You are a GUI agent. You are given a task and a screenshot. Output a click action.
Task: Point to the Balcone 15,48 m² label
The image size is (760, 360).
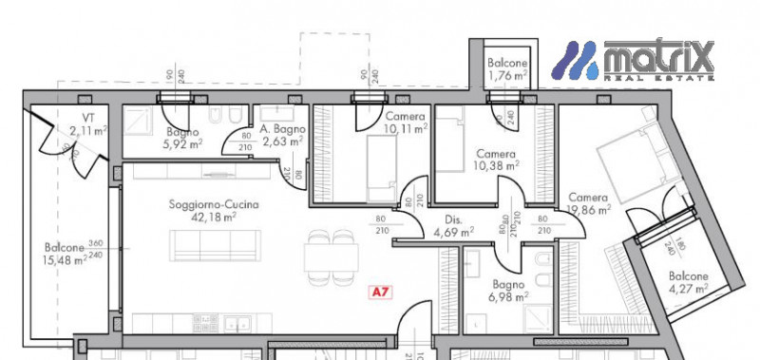pyautogui.click(x=66, y=253)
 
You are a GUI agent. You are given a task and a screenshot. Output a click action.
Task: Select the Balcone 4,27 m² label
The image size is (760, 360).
pyautogui.click(x=687, y=282)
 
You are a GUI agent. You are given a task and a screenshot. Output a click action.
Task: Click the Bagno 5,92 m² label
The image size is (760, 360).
pyautogui.click(x=181, y=139)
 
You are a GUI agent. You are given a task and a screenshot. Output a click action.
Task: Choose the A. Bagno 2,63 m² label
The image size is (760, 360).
pyautogui.click(x=280, y=137)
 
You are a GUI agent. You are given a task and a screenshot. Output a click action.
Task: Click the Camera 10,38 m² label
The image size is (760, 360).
pyautogui.click(x=496, y=160)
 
